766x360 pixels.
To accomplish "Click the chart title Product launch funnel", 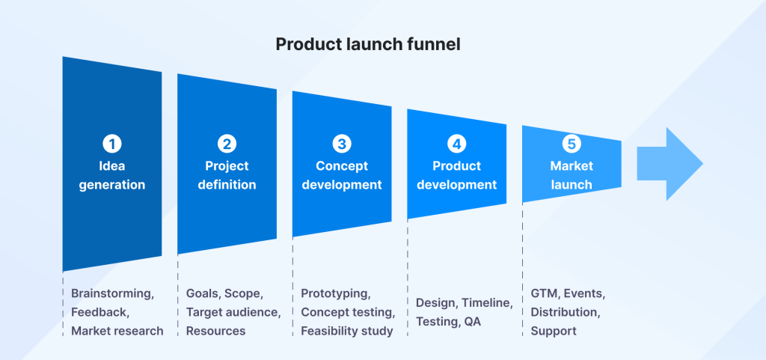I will tap(367, 44).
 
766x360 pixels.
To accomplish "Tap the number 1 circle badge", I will tap(111, 144).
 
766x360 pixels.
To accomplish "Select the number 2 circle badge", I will tap(227, 144).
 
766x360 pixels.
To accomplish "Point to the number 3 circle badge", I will tap(342, 144).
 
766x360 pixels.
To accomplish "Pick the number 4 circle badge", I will tap(456, 144).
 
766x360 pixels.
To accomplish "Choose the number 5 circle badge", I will tap(572, 144).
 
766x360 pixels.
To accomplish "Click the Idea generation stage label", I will tap(111, 175).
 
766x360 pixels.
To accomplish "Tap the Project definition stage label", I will tap(227, 175).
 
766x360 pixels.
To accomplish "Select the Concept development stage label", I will tap(342, 175).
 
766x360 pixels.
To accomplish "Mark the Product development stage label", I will tap(456, 175).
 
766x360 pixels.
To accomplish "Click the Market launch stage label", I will tap(572, 175).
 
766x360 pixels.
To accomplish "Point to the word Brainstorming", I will tap(111, 293).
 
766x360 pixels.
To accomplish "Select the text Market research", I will tap(117, 330).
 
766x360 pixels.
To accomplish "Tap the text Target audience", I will tap(233, 312).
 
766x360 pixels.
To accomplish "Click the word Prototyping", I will tap(335, 293).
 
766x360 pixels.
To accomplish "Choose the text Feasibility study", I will tap(346, 330).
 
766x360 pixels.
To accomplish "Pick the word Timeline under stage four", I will tap(486, 303).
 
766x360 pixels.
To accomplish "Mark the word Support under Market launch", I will tap(554, 330).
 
